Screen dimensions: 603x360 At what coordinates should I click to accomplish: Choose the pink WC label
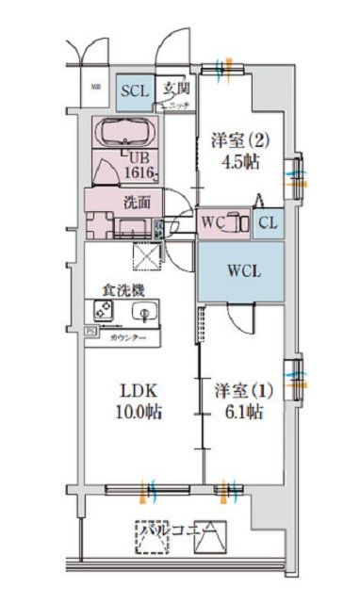click(213, 223)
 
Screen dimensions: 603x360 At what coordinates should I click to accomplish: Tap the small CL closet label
click(267, 223)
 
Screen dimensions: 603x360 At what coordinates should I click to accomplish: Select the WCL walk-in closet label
click(239, 270)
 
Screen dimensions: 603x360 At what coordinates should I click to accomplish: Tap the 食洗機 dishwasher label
click(123, 292)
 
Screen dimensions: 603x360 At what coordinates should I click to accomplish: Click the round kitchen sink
click(143, 312)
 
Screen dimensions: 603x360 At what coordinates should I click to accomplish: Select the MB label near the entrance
click(95, 88)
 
